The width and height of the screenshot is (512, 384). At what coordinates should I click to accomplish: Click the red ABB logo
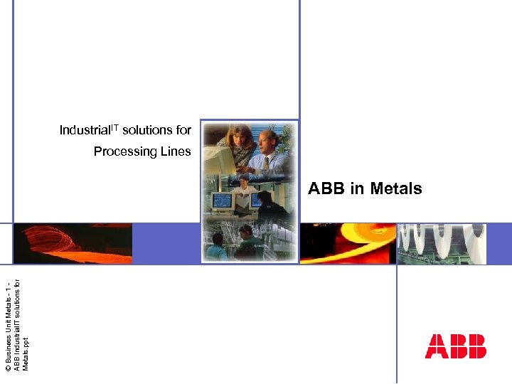455,346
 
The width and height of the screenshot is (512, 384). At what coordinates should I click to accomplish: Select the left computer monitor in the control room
222,200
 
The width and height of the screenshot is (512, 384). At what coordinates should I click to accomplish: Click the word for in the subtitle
183,131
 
